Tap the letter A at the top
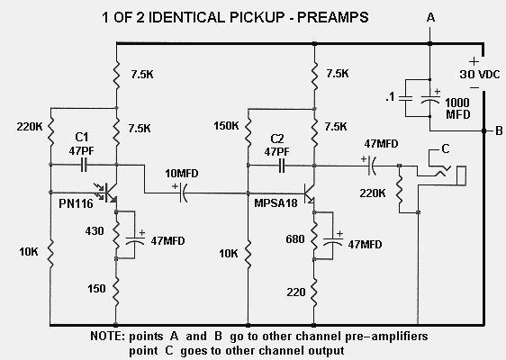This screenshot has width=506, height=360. click(x=431, y=18)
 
